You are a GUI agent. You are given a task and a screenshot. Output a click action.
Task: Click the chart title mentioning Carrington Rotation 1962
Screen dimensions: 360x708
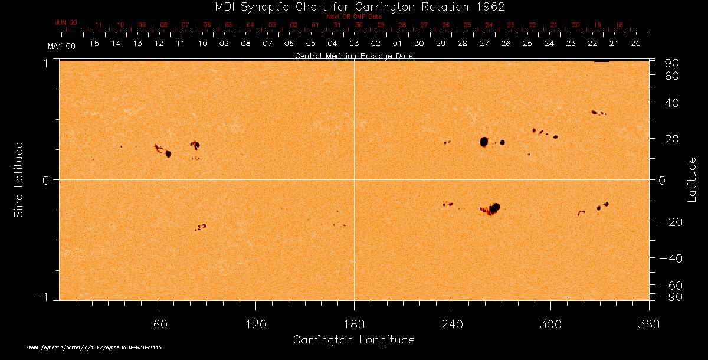click(354, 6)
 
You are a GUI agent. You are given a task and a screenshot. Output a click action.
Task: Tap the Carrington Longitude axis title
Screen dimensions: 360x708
click(353, 340)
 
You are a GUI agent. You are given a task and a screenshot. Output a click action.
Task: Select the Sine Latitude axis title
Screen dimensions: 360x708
click(19, 179)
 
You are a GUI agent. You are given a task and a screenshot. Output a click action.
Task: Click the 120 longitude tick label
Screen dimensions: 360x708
click(255, 324)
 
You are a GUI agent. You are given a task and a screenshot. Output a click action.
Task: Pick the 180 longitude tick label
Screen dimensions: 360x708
click(354, 324)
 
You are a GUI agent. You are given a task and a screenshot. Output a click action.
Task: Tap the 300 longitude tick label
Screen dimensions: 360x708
click(550, 324)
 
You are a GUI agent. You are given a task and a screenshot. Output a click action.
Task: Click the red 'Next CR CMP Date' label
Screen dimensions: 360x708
click(354, 17)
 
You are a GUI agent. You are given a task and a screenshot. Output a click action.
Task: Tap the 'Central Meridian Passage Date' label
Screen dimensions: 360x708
click(354, 56)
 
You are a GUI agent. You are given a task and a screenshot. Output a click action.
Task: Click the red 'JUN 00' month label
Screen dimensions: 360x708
click(65, 22)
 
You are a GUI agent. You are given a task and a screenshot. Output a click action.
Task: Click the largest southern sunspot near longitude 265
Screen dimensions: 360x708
click(494, 207)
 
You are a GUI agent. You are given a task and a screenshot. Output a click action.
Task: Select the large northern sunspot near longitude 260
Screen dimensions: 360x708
click(484, 142)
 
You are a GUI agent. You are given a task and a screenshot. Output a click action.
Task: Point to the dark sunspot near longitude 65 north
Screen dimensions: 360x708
click(168, 154)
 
